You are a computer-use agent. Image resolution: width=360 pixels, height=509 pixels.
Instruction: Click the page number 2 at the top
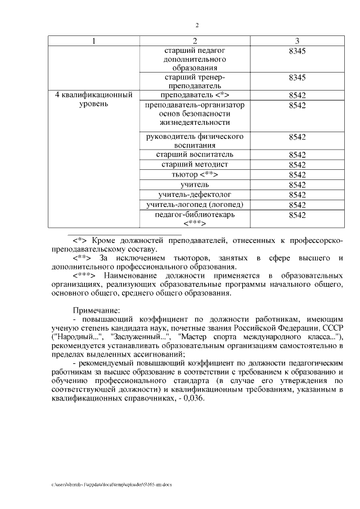197,25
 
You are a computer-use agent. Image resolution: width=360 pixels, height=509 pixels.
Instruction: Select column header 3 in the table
296,40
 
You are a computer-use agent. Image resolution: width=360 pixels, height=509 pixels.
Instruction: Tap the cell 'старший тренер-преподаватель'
194,81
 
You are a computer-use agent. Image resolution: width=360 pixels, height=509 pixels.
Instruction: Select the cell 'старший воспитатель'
194,155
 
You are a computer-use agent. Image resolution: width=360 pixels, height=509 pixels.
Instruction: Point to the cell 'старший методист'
194,165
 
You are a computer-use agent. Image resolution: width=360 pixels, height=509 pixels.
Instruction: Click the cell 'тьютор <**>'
194,175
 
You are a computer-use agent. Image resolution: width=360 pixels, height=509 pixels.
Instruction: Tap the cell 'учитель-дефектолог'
194,195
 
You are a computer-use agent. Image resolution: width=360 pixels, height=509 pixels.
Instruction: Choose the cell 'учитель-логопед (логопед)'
194,205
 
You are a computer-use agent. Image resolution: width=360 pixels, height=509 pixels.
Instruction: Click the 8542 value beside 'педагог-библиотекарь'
296,215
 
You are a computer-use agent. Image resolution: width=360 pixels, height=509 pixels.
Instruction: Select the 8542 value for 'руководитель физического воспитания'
296,137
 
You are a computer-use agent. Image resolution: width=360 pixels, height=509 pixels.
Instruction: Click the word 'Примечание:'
96,310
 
